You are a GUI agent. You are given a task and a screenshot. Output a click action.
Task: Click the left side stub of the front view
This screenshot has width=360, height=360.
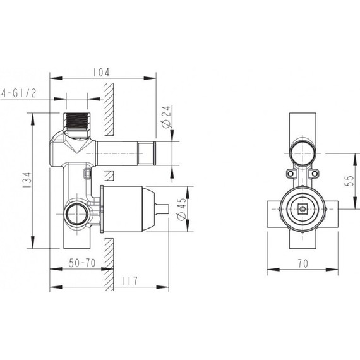click(x=272, y=208)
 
